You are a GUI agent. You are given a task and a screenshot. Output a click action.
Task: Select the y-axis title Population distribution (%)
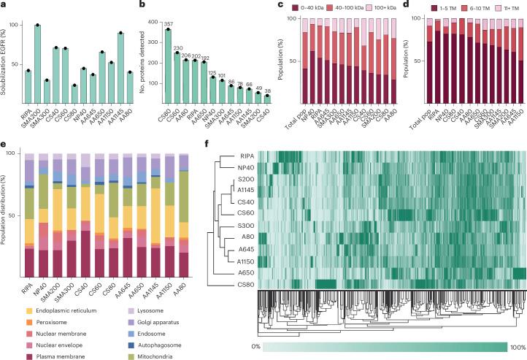pos(7,206)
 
